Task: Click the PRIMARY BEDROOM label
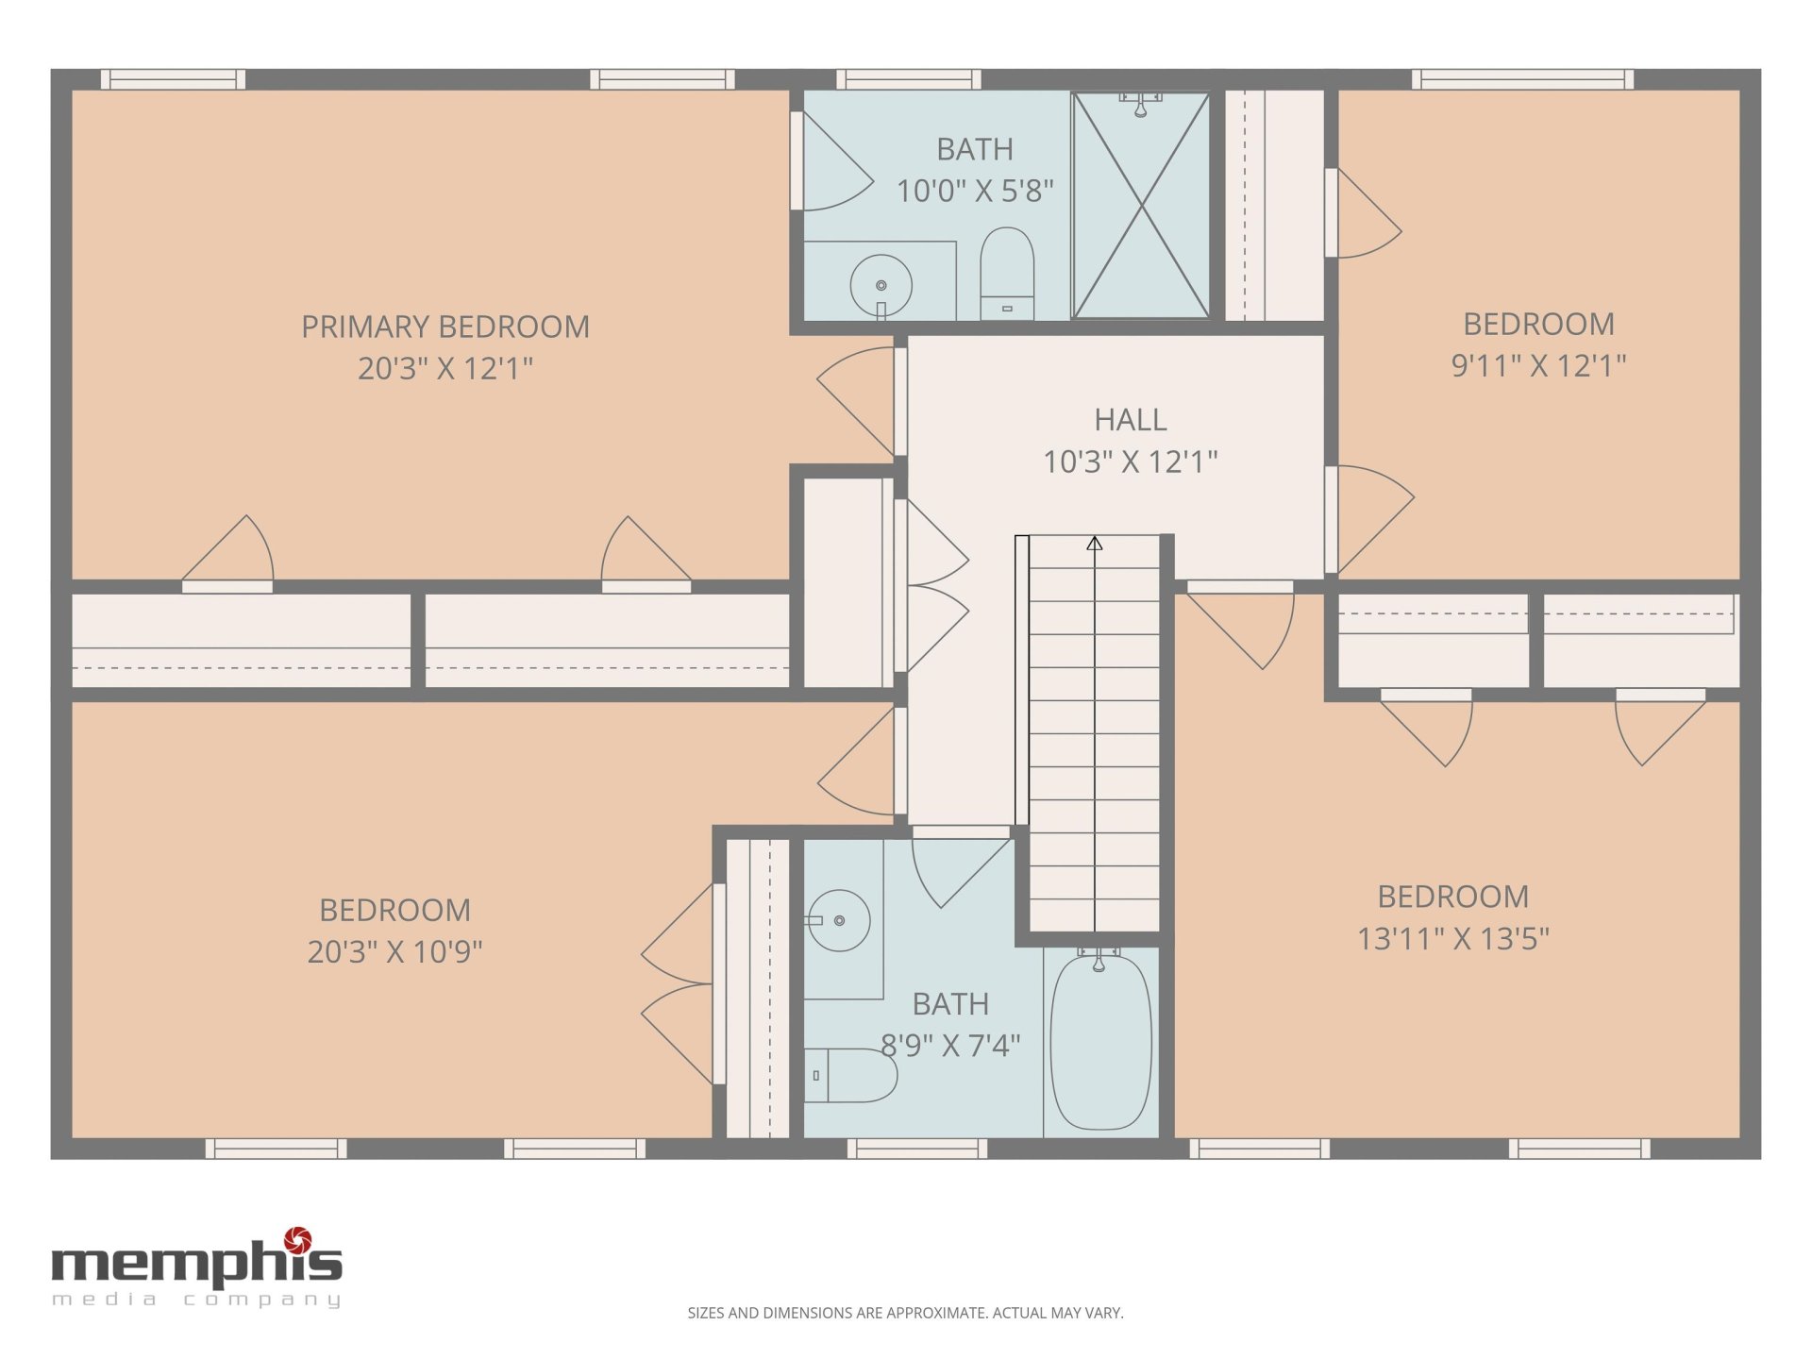coord(445,327)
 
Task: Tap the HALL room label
coord(1131,419)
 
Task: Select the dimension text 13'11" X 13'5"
coord(1453,938)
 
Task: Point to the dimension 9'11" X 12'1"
coord(1538,365)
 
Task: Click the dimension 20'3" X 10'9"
coord(394,951)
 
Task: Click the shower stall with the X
coord(1141,205)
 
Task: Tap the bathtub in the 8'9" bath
coord(1100,1042)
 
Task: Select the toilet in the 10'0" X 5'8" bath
coord(1007,274)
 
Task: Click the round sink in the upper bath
coord(881,285)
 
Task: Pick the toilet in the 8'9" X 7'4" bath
coord(850,1075)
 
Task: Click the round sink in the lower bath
coord(839,920)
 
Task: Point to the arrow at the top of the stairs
coord(1095,544)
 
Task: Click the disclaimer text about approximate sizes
coord(905,1313)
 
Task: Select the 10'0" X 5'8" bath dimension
coord(975,191)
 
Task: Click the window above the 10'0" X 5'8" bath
coord(908,79)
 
